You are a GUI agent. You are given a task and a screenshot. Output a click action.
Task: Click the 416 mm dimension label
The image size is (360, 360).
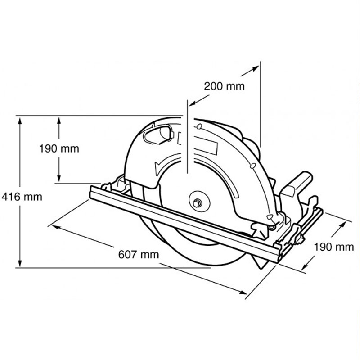click(x=22, y=197)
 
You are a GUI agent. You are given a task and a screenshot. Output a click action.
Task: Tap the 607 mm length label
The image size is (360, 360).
click(x=139, y=254)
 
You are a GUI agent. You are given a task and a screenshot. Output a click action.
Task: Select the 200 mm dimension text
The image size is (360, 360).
click(x=224, y=86)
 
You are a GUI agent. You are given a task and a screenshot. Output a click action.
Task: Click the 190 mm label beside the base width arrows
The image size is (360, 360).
click(x=333, y=247)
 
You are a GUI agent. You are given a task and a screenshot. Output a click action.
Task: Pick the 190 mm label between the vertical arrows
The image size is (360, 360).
click(x=59, y=148)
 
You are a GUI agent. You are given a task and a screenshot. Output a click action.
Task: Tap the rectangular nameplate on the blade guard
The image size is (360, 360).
click(x=206, y=146)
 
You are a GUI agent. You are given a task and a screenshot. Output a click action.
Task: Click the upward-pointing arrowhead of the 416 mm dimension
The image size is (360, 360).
click(x=20, y=121)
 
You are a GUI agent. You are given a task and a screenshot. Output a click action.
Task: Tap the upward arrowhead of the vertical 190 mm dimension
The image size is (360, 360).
click(x=59, y=121)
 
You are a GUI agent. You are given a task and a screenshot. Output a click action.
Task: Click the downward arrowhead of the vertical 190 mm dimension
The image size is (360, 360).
click(x=59, y=177)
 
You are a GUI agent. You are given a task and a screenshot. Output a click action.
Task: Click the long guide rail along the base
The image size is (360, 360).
click(x=185, y=224)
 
